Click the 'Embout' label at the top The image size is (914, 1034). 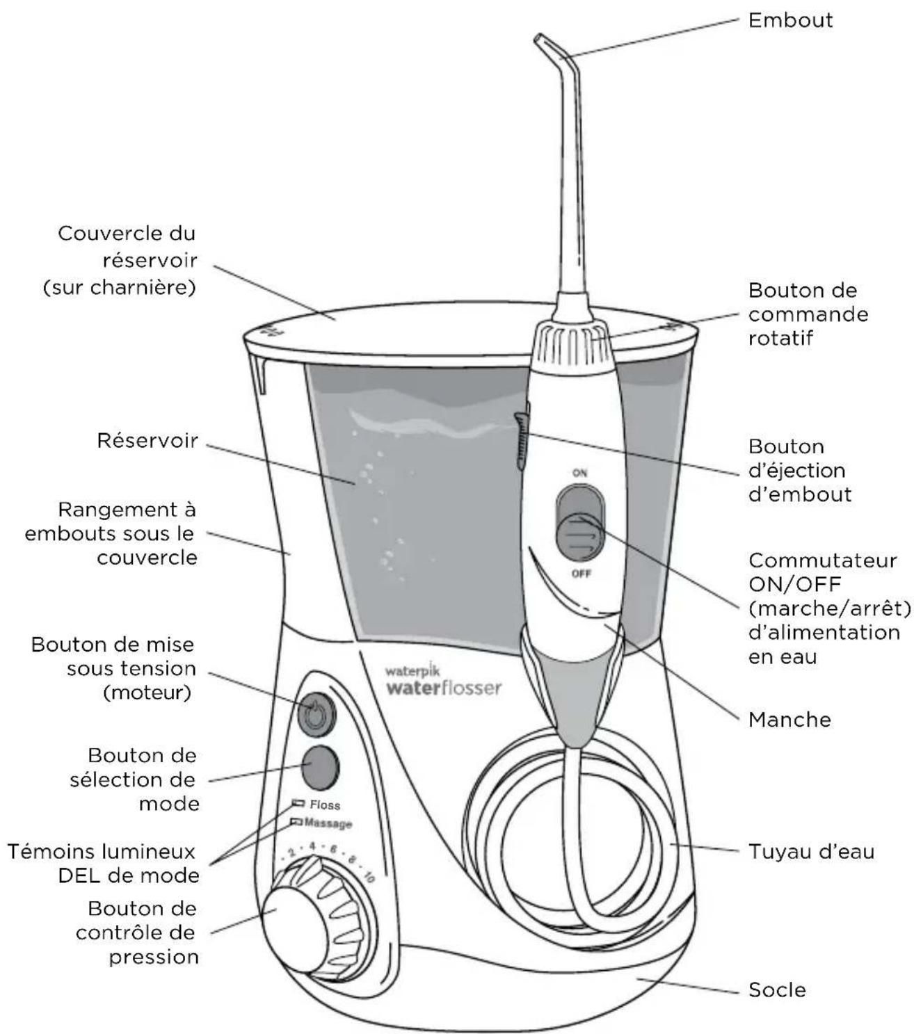(790, 20)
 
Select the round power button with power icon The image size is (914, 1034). (316, 713)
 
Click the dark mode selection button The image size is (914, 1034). (319, 766)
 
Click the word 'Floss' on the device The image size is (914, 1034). (325, 805)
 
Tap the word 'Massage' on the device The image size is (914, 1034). (328, 823)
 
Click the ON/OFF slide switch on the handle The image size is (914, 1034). (579, 525)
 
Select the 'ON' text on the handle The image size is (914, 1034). (579, 473)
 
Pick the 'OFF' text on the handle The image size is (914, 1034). (581, 574)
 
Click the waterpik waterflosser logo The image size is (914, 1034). (443, 681)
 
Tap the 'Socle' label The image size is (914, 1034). (777, 989)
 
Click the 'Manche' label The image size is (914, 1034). (789, 719)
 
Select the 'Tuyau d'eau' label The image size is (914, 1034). (811, 852)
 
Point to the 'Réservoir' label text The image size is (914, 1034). (147, 441)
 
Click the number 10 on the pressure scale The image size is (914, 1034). (368, 875)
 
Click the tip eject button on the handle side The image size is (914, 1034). (521, 438)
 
